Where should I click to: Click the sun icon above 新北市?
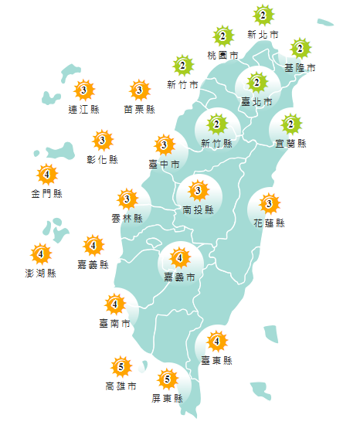[263, 15]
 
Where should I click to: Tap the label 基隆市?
[301, 68]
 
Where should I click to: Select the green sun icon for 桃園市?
[223, 36]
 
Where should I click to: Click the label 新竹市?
[182, 84]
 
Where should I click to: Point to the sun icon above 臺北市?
[256, 82]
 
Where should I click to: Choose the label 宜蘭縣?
[291, 144]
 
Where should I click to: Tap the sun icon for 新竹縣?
[216, 124]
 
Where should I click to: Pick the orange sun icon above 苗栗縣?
[139, 90]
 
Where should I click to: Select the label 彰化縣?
[103, 160]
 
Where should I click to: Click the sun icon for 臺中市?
[164, 144]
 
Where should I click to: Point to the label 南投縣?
[199, 209]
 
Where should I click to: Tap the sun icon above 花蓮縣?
[269, 204]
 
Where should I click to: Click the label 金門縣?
[47, 193]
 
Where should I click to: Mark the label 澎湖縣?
[40, 273]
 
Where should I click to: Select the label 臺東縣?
[216, 360]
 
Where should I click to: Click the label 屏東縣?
[168, 399]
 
